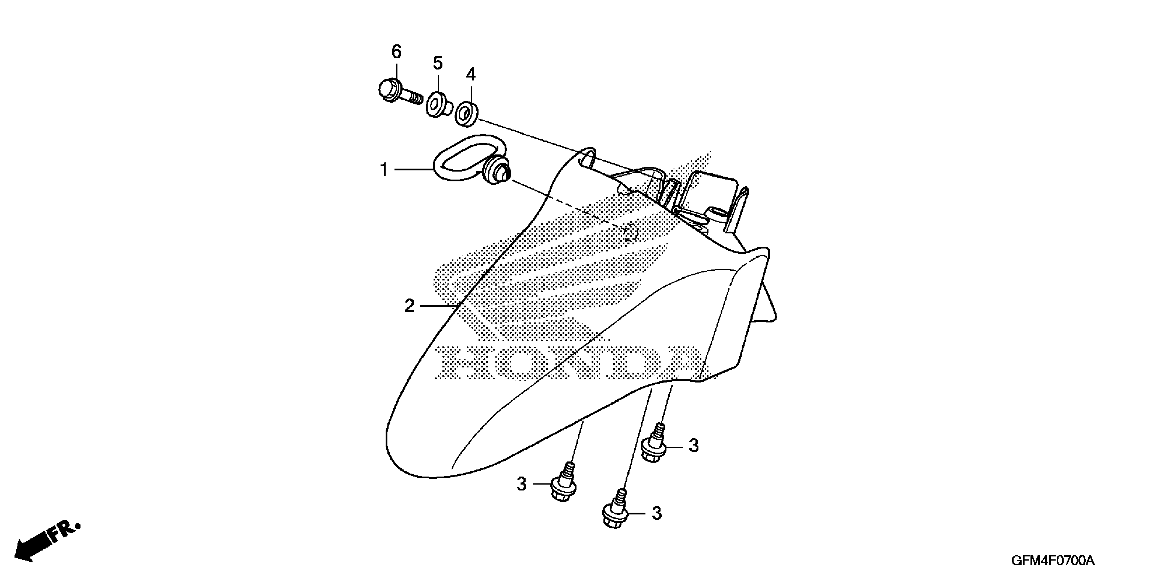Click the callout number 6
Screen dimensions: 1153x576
(396, 52)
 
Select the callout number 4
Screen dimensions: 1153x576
(470, 74)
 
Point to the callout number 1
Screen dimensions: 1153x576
(384, 170)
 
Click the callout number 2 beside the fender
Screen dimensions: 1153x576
(409, 306)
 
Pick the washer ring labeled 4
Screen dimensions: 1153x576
(466, 113)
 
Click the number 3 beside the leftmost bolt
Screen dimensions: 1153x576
(521, 484)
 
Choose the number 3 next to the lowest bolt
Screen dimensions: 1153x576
(656, 513)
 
